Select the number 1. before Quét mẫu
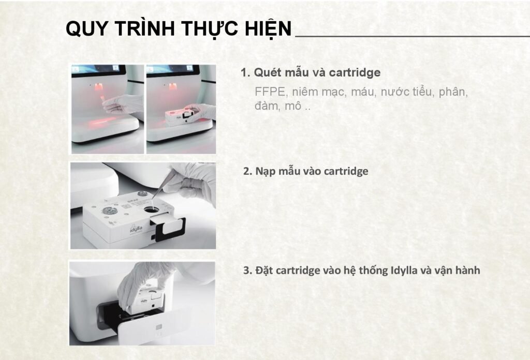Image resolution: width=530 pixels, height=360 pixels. click(x=245, y=72)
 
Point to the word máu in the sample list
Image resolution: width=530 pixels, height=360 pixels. click(x=363, y=92)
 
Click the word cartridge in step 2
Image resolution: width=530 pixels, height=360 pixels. click(x=346, y=171)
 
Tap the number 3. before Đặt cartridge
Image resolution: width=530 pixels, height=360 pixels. click(x=248, y=271)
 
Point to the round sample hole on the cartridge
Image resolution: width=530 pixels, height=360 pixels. click(x=151, y=209)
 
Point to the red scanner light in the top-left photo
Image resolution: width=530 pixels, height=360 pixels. click(x=99, y=87)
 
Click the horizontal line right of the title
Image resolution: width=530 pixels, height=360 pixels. click(x=413, y=36)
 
